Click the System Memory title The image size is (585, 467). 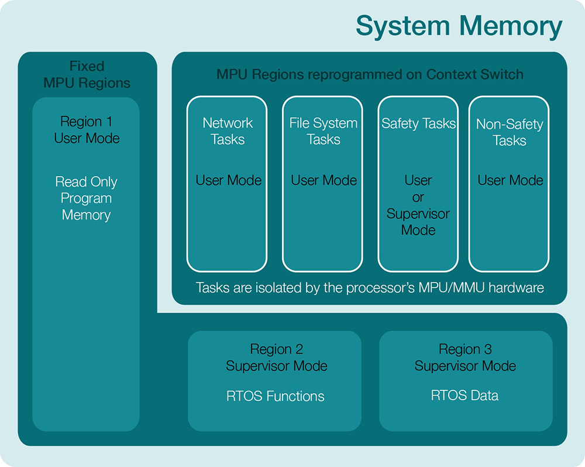click(459, 26)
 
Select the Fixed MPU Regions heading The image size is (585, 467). click(87, 74)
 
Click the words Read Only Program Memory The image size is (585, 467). click(87, 198)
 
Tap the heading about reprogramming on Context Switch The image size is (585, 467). click(370, 74)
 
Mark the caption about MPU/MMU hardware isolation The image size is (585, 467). click(370, 288)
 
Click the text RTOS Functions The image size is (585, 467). click(276, 396)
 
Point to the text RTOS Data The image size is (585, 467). click(465, 395)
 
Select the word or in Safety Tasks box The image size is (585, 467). click(418, 197)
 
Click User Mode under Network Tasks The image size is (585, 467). click(228, 180)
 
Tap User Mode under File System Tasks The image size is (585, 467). click(324, 180)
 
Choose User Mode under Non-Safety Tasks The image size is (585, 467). click(510, 180)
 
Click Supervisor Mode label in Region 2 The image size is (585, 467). click(277, 366)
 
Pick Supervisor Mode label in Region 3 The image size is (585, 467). click(465, 366)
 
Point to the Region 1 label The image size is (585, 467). click(87, 122)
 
